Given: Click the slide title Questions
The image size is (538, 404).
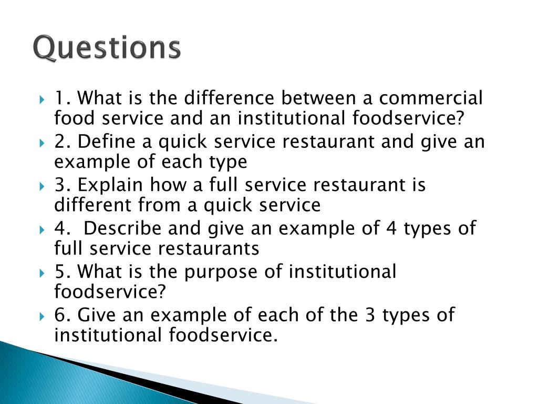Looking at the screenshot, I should pyautogui.click(x=107, y=48).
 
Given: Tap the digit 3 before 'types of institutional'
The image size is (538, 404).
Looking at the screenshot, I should pyautogui.click(x=369, y=316).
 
